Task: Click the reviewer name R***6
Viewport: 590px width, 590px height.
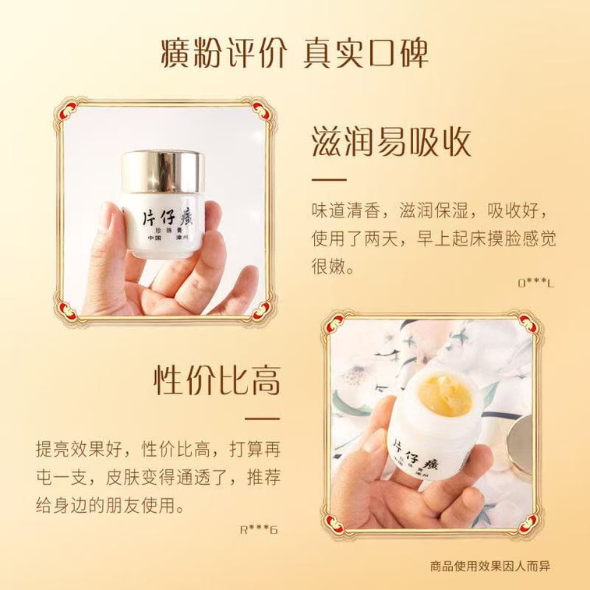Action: tap(260, 530)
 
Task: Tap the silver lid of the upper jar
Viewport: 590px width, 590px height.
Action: tap(163, 171)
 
